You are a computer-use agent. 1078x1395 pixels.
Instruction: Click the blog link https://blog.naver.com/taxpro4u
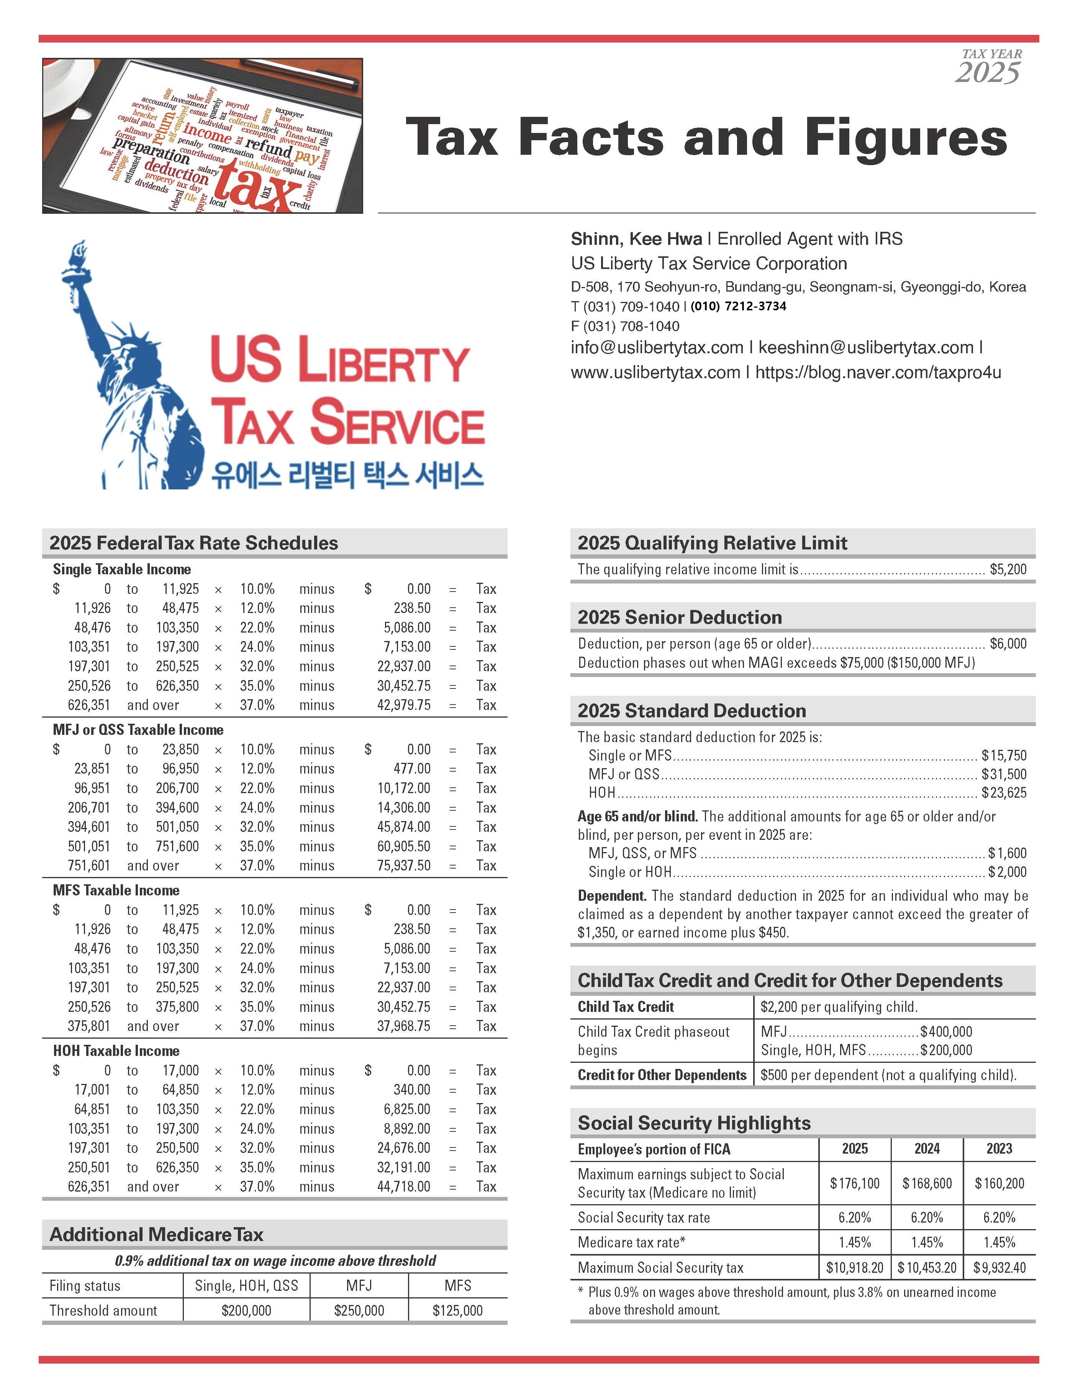pos(878,372)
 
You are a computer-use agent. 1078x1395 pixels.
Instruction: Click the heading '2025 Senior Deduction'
pos(680,617)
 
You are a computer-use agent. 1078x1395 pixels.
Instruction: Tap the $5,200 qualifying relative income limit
pos(1008,569)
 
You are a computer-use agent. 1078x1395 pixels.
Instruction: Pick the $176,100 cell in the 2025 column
pos(855,1184)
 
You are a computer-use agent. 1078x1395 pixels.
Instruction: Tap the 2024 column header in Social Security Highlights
pos(927,1148)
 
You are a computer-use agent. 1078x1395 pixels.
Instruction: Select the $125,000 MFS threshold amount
pos(457,1311)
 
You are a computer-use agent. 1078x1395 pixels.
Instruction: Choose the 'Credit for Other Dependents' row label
pos(662,1075)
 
